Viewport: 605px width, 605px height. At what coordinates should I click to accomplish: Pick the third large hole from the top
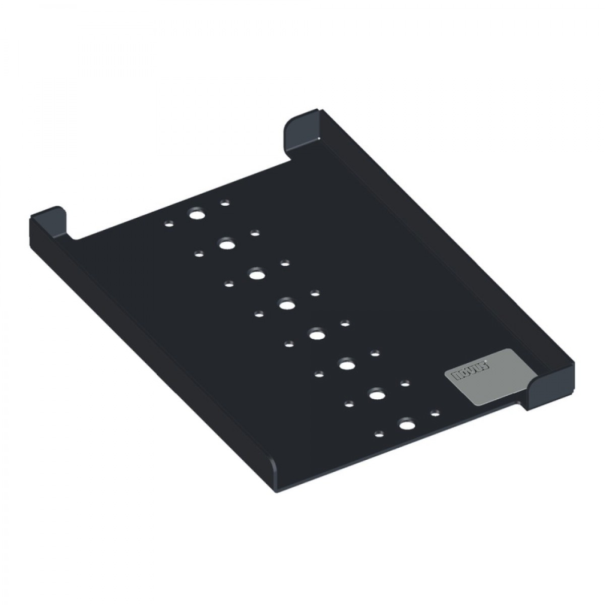pyautogui.click(x=257, y=274)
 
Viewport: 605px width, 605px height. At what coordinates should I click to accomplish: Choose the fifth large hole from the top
pyautogui.click(x=317, y=334)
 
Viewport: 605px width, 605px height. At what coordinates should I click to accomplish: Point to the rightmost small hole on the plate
pyautogui.click(x=435, y=413)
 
